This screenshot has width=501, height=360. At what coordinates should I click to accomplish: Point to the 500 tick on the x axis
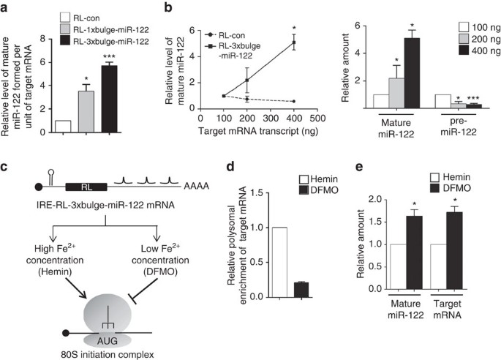[x=316, y=117]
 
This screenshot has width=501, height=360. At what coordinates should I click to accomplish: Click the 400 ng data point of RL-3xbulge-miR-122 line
[x=293, y=42]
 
